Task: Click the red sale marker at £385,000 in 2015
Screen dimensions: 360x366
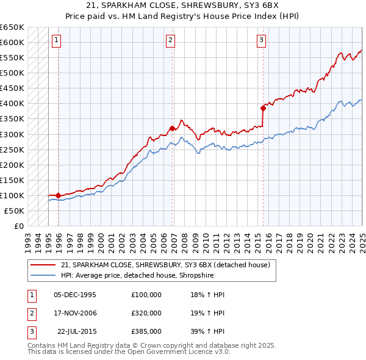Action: [x=264, y=108]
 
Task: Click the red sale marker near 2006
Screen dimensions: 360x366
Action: [x=173, y=128]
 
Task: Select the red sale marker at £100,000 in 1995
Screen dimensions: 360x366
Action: [x=58, y=195]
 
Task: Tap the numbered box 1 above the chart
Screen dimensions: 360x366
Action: [x=56, y=41]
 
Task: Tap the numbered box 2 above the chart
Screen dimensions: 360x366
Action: [x=170, y=41]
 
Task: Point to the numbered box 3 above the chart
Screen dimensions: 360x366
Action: [x=261, y=41]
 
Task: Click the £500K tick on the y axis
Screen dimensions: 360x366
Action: [x=13, y=73]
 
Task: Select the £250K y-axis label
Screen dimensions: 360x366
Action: [x=13, y=149]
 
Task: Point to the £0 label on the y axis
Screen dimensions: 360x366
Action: [x=18, y=226]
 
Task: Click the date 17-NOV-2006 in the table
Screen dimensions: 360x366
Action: [x=75, y=313]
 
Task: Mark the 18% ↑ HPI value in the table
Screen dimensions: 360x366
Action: [x=207, y=295]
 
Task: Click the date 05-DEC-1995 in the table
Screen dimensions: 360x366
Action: [x=75, y=295]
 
